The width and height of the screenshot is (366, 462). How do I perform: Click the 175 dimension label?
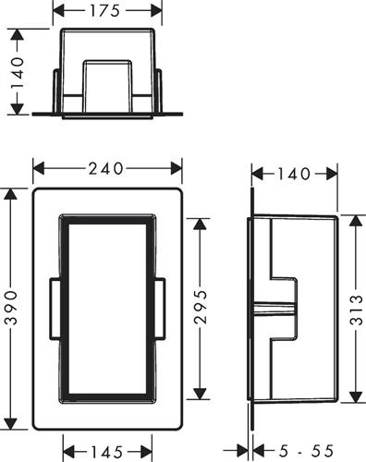(x=104, y=11)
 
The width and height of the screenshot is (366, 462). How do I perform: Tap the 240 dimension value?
(x=105, y=169)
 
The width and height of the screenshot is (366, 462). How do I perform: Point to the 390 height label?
(x=12, y=308)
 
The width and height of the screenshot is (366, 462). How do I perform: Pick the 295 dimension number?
(x=201, y=307)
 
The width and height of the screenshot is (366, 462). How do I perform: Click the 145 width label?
(x=107, y=452)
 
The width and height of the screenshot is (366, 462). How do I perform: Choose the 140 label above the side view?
(x=294, y=174)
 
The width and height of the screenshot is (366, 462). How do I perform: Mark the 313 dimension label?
(x=357, y=310)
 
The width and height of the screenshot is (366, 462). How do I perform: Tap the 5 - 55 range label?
(x=306, y=451)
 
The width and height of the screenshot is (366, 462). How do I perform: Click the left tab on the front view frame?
(x=55, y=310)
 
